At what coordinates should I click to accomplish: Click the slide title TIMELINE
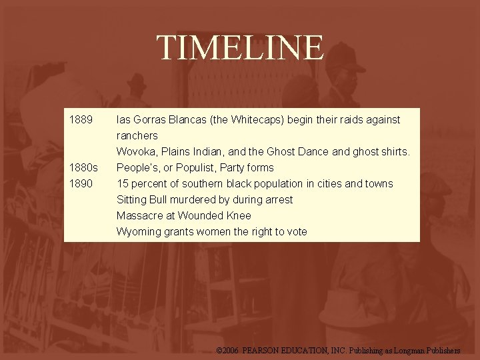(x=240, y=48)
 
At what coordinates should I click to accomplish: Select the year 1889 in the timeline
(x=81, y=120)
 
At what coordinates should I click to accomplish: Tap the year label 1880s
(x=84, y=168)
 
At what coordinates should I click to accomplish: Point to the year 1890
(x=81, y=184)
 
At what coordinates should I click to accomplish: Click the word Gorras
(x=150, y=120)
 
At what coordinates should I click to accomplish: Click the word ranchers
(x=137, y=136)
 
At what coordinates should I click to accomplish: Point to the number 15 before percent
(x=122, y=184)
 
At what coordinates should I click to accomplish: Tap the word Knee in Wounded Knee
(x=238, y=216)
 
